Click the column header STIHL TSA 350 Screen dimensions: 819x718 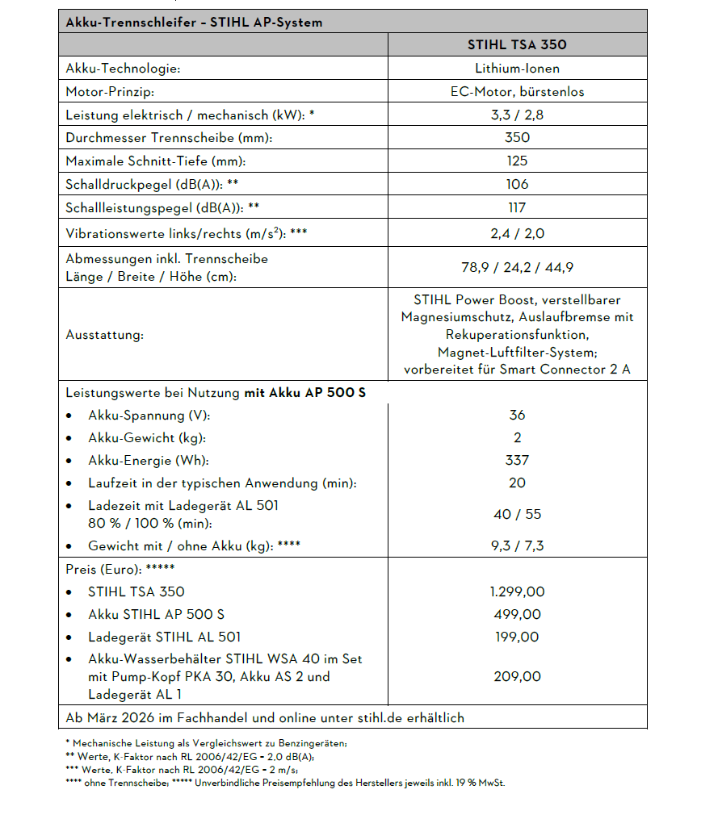tap(517, 44)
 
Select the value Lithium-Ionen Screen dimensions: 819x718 tap(517, 69)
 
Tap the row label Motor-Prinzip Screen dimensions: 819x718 tap(110, 92)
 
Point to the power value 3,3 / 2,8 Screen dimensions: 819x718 tap(517, 115)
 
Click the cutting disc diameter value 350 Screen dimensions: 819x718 tap(517, 138)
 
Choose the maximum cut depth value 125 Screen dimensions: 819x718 tap(517, 161)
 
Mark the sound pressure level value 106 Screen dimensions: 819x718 tap(517, 185)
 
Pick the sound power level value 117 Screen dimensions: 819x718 tap(517, 207)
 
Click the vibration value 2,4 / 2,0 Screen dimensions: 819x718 tap(517, 235)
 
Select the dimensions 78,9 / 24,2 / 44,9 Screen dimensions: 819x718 tap(517, 267)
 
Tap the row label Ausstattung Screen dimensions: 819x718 tap(104, 335)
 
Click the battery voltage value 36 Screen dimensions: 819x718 tap(517, 415)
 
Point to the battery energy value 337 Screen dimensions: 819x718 tap(517, 460)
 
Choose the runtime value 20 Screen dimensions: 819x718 tap(517, 483)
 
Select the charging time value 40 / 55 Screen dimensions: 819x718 tap(517, 514)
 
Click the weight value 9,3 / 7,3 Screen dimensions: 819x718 tap(517, 545)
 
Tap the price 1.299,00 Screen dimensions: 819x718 tap(517, 591)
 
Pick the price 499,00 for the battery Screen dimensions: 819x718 tap(517, 614)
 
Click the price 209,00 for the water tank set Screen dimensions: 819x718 tap(517, 676)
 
